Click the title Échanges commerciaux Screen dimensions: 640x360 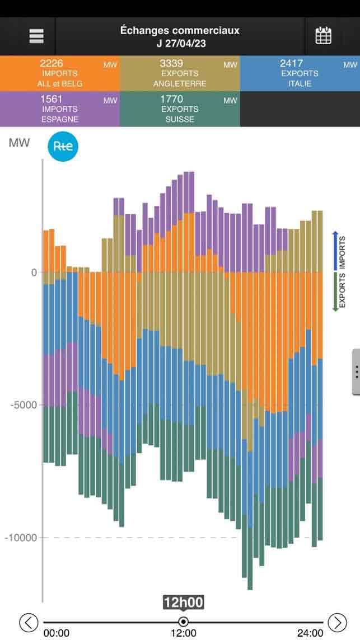coord(180,30)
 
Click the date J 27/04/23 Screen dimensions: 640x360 coord(180,44)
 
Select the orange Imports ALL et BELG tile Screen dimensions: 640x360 coord(60,73)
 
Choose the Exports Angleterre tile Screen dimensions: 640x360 coord(180,73)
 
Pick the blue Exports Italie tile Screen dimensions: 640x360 coord(300,73)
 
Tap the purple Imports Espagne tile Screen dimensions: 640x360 coord(60,109)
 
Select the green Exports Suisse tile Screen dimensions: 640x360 coord(180,109)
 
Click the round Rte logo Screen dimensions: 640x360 coord(63,147)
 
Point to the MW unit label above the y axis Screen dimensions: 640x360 coord(19,143)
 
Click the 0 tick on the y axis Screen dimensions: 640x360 coord(34,272)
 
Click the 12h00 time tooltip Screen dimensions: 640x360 coord(183,602)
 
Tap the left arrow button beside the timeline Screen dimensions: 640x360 coord(29,622)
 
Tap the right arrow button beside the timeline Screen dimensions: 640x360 coord(337,622)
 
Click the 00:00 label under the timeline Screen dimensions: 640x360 coord(57,633)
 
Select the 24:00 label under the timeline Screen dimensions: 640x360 coord(310,633)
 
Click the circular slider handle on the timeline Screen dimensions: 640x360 coord(183,622)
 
